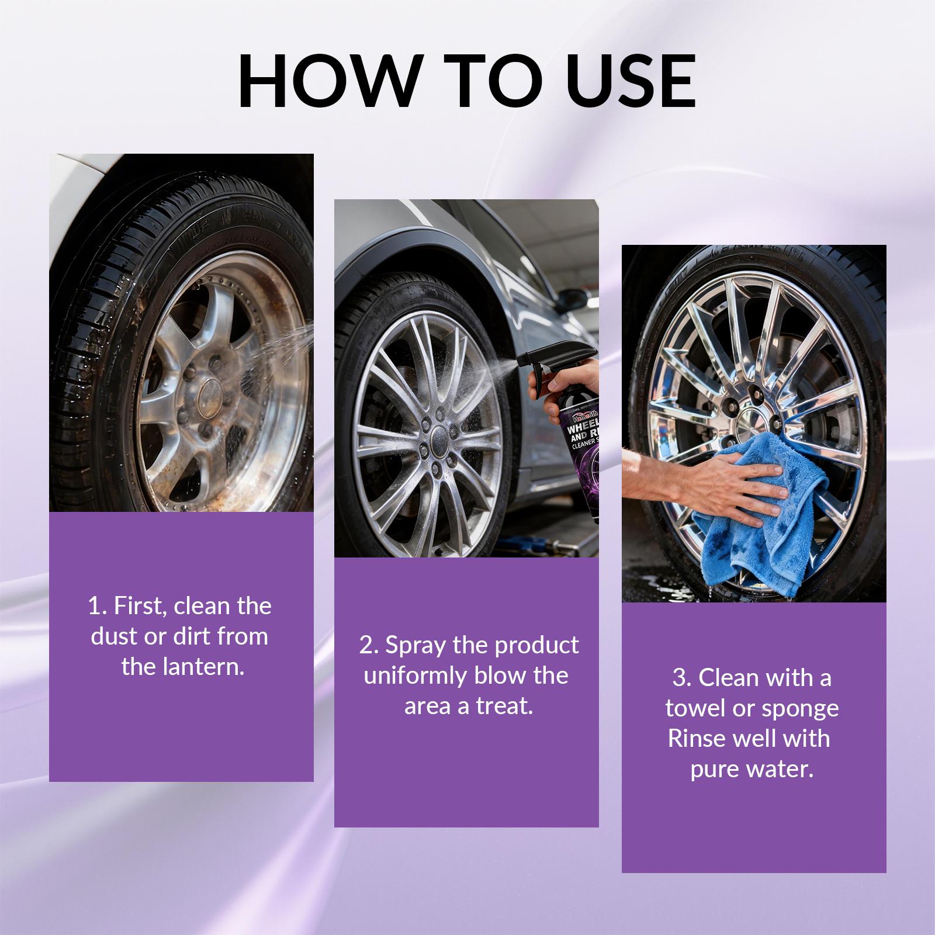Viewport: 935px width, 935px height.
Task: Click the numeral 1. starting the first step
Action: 98,606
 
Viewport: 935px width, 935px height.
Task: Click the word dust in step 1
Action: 115,636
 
